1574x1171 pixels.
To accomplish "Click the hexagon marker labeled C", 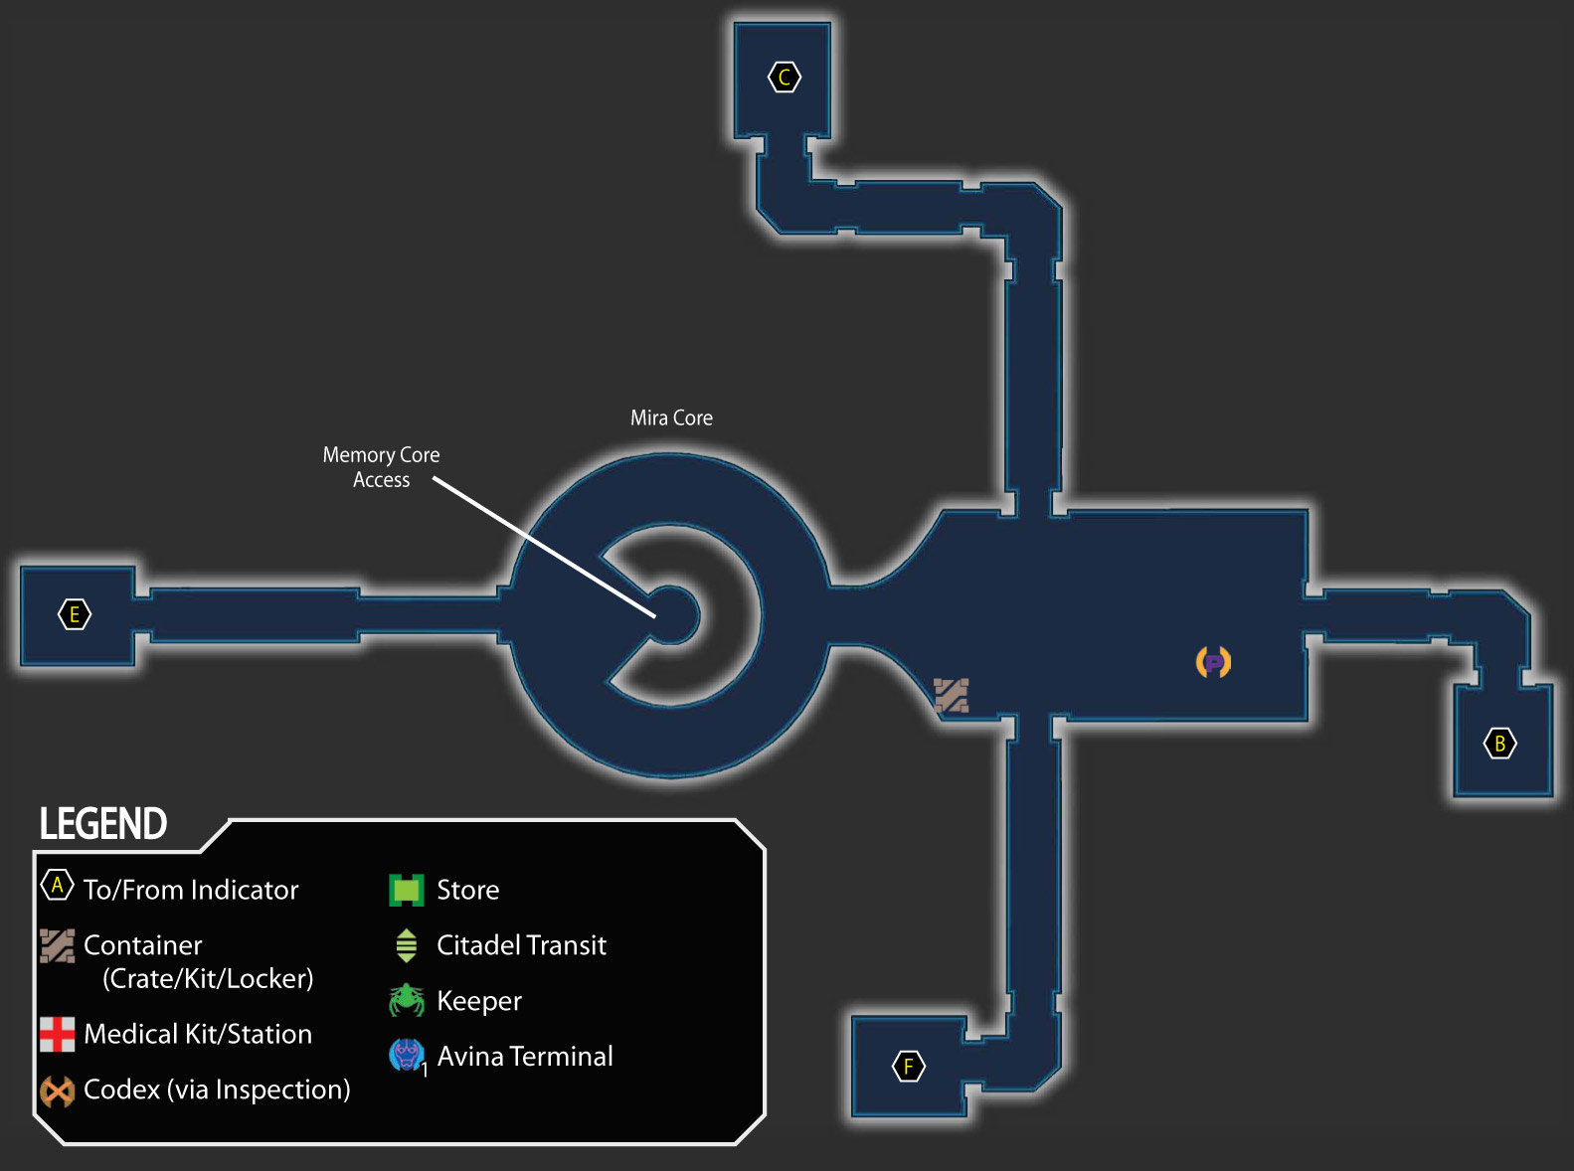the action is tap(785, 77).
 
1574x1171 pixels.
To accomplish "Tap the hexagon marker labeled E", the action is tap(74, 614).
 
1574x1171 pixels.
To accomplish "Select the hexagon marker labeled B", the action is tap(1499, 743).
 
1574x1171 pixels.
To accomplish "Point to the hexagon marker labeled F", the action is tap(909, 1066).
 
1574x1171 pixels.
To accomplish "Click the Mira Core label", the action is tap(671, 418).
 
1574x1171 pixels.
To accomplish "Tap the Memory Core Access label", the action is tap(381, 467).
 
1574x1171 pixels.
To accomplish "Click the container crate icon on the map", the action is tap(951, 695).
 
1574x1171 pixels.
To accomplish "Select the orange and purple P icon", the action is tap(1213, 662).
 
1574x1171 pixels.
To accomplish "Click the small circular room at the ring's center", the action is tap(670, 614).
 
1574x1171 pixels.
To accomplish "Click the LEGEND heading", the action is tap(102, 823).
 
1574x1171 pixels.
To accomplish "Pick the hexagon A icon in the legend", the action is tap(57, 885).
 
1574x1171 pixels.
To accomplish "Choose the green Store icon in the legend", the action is tap(407, 890).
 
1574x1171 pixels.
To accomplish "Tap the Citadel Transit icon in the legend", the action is tap(407, 945).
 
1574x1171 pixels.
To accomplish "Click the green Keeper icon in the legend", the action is tap(407, 1000).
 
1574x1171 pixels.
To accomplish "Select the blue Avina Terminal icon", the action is tap(407, 1056).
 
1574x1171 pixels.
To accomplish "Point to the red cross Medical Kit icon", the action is tap(57, 1034).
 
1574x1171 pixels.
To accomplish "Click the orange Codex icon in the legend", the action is tap(57, 1090).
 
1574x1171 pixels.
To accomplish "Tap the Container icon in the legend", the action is tap(57, 945).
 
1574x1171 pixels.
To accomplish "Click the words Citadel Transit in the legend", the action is tap(522, 945).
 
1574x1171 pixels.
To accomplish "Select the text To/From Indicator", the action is tap(191, 890).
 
